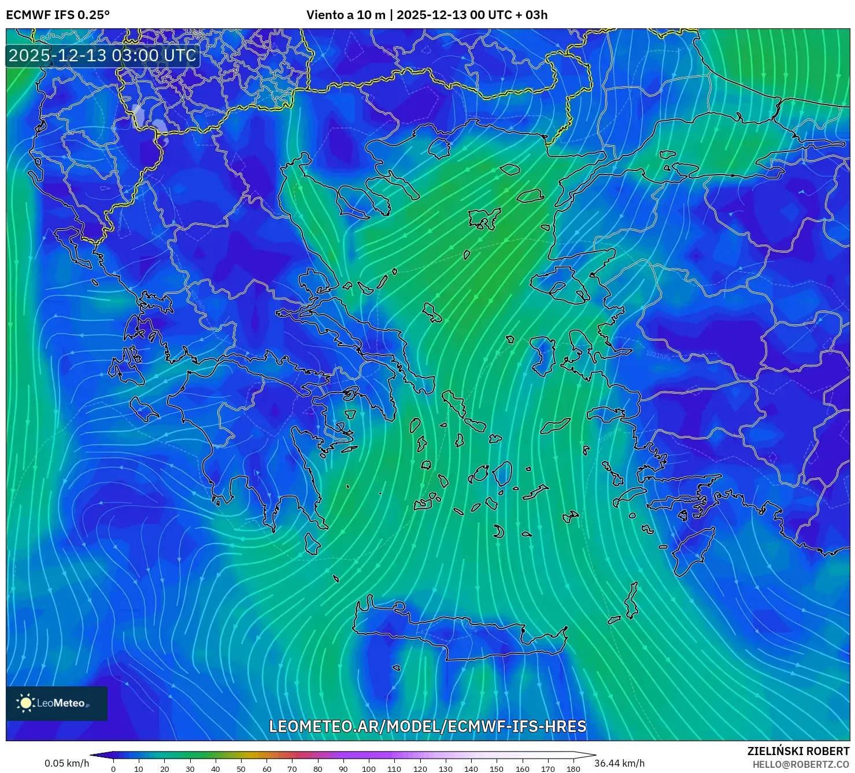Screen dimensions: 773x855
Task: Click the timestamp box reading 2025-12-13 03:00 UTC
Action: (x=103, y=56)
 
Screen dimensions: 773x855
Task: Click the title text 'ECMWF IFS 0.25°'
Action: (x=58, y=15)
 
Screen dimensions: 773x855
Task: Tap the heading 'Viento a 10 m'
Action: (x=346, y=15)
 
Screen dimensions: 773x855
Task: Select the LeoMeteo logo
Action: (x=57, y=703)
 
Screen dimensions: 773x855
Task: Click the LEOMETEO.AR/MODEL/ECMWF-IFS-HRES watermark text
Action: (x=428, y=726)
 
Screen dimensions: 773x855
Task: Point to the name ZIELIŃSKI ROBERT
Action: (x=798, y=751)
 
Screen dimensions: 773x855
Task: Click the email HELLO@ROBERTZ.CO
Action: (x=801, y=764)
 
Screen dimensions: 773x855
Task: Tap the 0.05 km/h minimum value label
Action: (x=67, y=763)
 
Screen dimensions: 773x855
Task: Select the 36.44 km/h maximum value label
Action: (x=619, y=763)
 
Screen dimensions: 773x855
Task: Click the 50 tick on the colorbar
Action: (x=241, y=769)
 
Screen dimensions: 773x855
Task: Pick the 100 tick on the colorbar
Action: (x=369, y=769)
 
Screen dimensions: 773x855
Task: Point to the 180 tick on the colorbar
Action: (x=573, y=769)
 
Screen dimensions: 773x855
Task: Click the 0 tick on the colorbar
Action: (x=113, y=769)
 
